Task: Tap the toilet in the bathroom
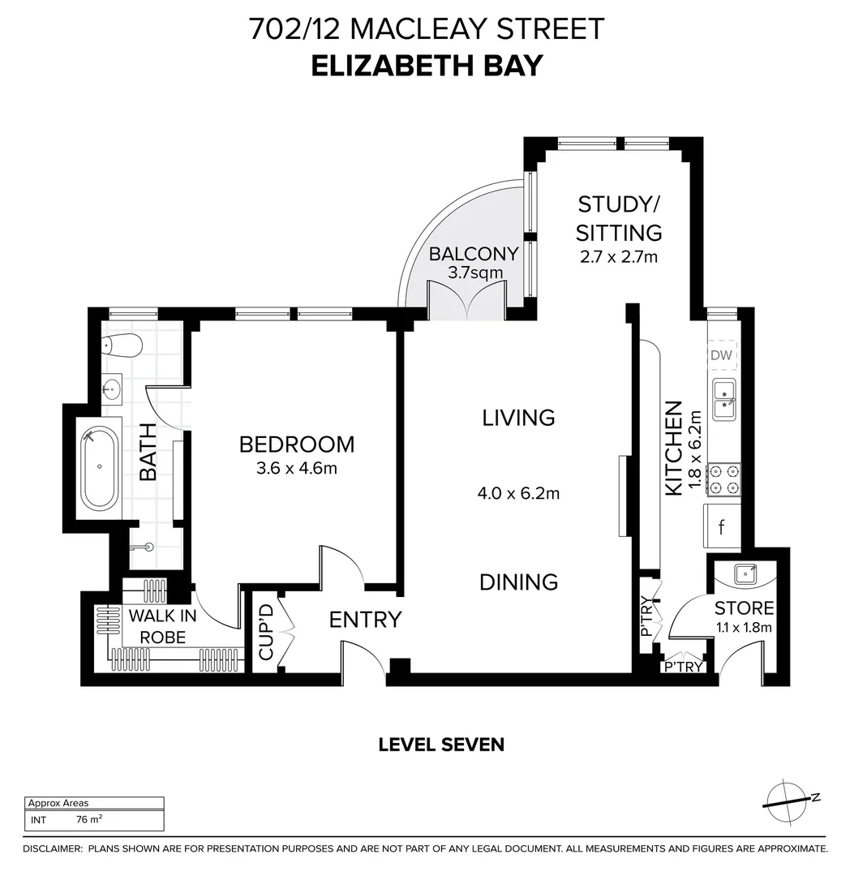pyautogui.click(x=122, y=345)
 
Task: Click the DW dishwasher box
pyautogui.click(x=721, y=354)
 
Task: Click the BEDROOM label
pyautogui.click(x=297, y=444)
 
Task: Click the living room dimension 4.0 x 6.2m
pyautogui.click(x=519, y=492)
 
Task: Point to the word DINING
pyautogui.click(x=518, y=582)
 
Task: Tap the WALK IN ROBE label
pyautogui.click(x=162, y=626)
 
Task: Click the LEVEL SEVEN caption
pyautogui.click(x=441, y=744)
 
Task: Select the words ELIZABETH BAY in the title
pyautogui.click(x=427, y=65)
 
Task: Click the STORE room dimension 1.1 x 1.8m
pyautogui.click(x=744, y=627)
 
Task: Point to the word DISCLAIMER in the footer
pyautogui.click(x=52, y=849)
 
